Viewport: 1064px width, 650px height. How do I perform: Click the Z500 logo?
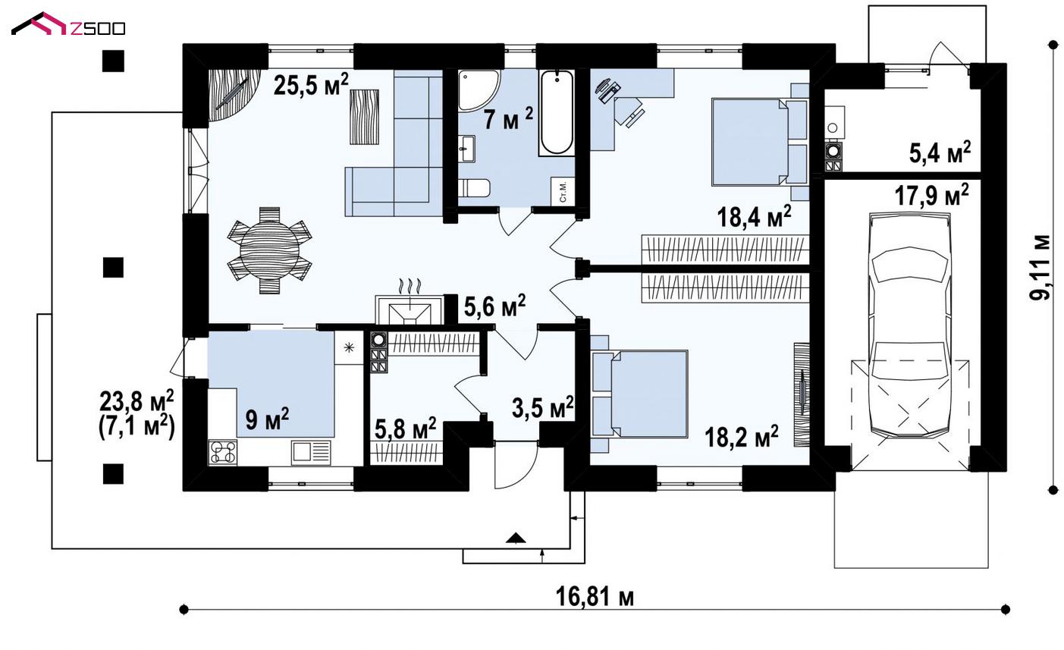[68, 24]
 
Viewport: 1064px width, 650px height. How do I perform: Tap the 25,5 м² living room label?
[311, 85]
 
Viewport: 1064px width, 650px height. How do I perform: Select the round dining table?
[269, 250]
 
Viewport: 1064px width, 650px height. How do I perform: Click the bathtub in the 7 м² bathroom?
[557, 112]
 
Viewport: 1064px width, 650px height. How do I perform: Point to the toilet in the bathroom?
[474, 187]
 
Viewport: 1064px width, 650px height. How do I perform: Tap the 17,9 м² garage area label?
[932, 195]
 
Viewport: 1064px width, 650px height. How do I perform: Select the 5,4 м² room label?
[940, 152]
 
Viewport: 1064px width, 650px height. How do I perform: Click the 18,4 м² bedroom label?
[754, 217]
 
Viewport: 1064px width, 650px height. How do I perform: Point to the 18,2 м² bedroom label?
[742, 437]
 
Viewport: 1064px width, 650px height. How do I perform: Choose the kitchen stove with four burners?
[223, 452]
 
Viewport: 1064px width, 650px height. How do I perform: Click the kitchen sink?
[311, 452]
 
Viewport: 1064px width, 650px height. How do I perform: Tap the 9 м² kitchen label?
[267, 419]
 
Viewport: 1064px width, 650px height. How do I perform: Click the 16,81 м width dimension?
[595, 597]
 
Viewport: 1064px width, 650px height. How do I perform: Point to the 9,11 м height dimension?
[1040, 267]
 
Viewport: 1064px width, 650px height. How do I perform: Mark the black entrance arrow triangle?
[516, 538]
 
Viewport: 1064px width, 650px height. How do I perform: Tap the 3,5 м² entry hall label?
[543, 407]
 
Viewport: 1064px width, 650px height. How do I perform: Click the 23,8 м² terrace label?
[137, 401]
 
